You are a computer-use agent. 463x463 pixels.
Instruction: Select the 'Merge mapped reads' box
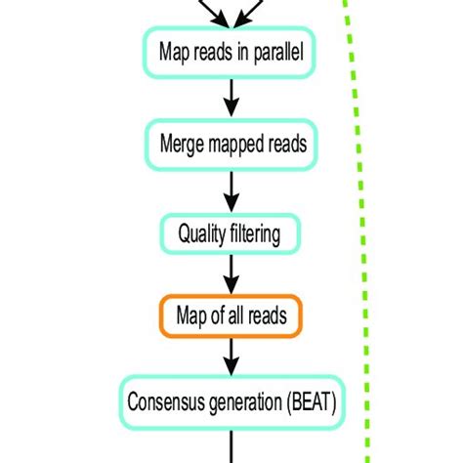(x=231, y=144)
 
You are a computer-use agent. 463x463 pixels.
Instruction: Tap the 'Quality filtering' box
(x=231, y=233)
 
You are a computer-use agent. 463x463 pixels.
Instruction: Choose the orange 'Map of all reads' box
(x=231, y=316)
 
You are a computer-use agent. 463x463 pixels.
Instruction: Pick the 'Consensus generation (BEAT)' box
(x=231, y=400)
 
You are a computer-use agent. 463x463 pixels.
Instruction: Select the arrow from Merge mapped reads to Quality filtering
(x=231, y=189)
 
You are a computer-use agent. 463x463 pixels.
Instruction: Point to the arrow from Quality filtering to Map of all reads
(x=231, y=274)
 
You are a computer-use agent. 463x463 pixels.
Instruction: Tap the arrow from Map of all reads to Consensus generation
(x=231, y=358)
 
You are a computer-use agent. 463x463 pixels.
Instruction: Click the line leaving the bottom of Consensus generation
(x=231, y=444)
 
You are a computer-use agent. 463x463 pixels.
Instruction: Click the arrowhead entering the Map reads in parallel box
(x=231, y=21)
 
